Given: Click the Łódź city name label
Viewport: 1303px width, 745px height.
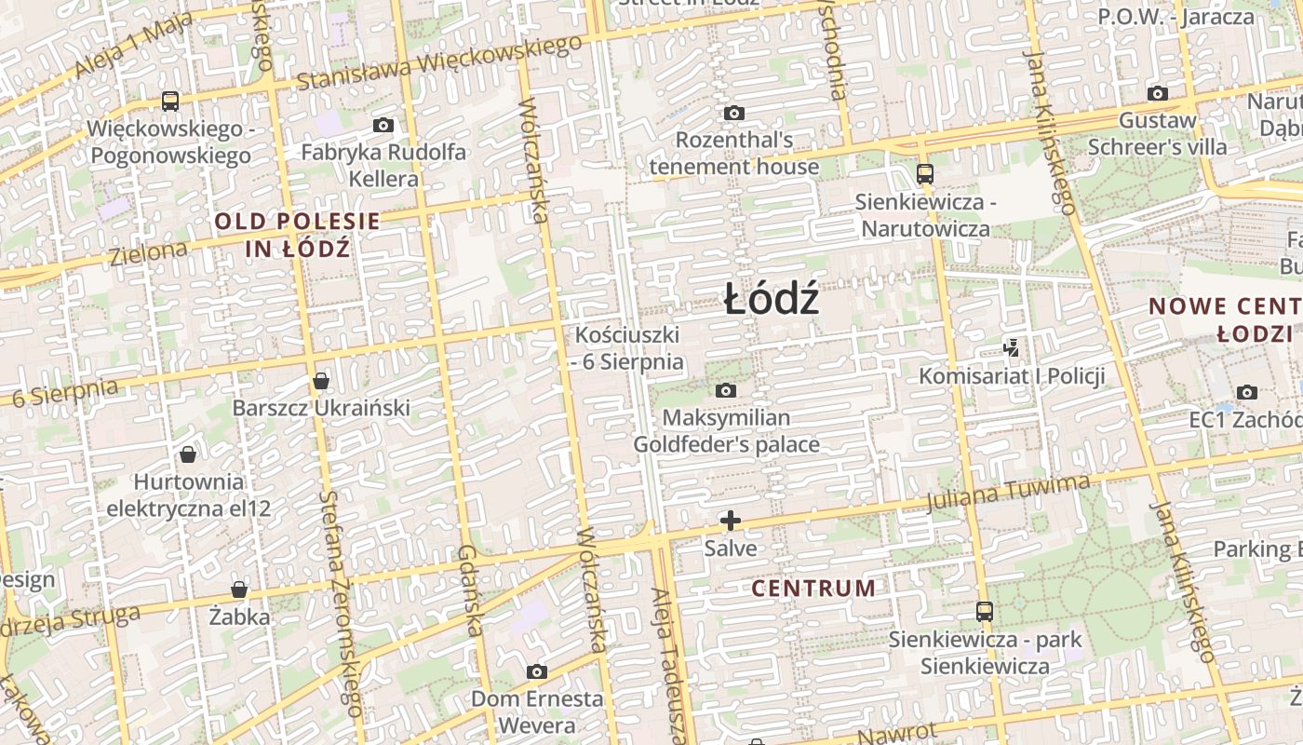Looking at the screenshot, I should pos(772,300).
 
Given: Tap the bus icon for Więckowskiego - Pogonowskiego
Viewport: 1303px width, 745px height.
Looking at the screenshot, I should pos(170,101).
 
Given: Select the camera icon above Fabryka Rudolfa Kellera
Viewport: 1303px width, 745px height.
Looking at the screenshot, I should pos(383,125).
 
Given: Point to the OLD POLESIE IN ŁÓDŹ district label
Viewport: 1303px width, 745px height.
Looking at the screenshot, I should pos(298,235).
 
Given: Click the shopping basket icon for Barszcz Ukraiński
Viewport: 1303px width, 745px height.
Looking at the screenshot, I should pos(321,381).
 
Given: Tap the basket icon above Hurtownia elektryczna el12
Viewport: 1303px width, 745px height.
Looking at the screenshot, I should pos(188,454).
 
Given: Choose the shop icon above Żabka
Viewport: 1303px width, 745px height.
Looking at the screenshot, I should pos(239,589).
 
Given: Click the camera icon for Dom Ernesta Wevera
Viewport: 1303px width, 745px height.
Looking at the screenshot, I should pos(536,671).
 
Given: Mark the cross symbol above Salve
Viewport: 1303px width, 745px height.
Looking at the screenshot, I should pos(731,521).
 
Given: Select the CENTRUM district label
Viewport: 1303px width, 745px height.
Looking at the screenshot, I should pos(813,589).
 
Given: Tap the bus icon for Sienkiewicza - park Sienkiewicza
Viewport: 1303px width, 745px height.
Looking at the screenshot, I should pos(984,612).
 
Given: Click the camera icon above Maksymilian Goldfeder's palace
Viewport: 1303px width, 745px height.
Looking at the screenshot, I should pos(726,390).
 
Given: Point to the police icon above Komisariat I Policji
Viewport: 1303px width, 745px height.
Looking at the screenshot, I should pos(1012,348).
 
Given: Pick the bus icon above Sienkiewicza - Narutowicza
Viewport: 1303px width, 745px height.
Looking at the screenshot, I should pos(924,173).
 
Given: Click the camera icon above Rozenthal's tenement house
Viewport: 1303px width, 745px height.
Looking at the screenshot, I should pos(734,113).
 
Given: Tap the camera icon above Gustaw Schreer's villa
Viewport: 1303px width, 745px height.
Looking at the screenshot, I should pos(1158,93).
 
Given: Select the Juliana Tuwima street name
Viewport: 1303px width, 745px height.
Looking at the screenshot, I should pos(1008,492).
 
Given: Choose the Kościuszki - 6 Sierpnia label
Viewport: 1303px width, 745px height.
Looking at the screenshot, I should pos(628,348).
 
